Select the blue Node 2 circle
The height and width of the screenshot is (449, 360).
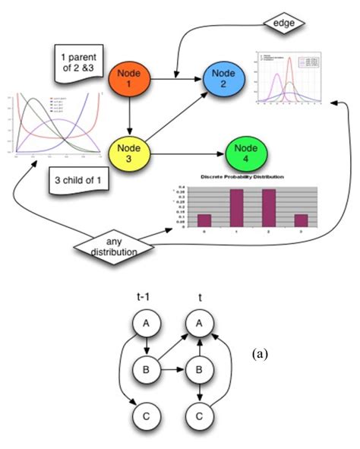(x=225, y=76)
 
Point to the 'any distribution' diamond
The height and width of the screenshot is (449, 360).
(x=111, y=247)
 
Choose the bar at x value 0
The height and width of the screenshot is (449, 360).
(x=204, y=220)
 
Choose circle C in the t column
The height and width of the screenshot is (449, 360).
(x=199, y=417)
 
